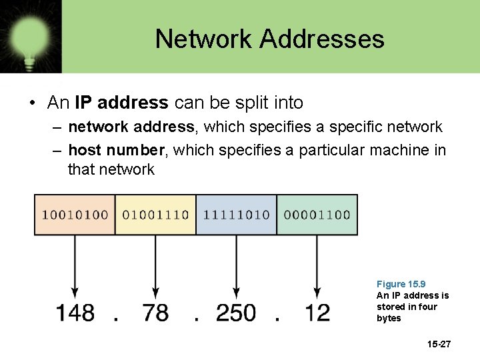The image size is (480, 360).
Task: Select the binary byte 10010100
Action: pos(75,215)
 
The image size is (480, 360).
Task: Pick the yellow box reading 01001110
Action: pos(155,215)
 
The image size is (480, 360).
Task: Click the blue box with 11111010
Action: pos(236,215)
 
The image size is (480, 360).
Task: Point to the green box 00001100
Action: pos(317,215)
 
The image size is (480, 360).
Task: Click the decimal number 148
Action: pos(75,312)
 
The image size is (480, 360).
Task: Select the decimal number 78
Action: pos(155,312)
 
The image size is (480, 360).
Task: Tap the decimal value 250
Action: pos(236,312)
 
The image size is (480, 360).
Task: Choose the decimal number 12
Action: pos(317,312)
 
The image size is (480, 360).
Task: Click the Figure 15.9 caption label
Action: pos(401,284)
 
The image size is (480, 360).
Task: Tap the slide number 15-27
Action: pos(439,344)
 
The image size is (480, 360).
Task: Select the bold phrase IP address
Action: pos(121,103)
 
